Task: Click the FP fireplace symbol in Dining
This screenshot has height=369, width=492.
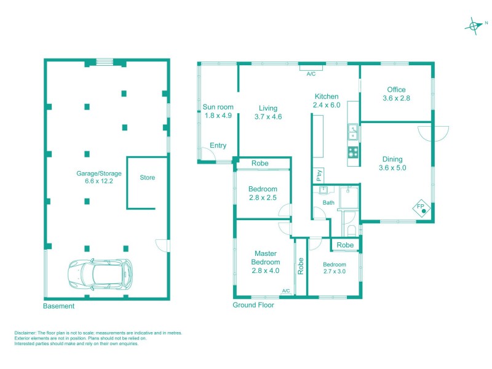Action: (x=422, y=207)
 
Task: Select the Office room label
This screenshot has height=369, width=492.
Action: (x=396, y=90)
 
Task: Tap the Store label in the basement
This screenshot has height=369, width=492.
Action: (x=148, y=178)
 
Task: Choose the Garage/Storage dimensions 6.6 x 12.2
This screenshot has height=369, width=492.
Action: (x=85, y=181)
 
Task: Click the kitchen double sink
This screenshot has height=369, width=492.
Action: (x=353, y=132)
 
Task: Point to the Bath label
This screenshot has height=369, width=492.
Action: (x=328, y=202)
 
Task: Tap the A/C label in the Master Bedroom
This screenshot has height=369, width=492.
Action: (x=286, y=291)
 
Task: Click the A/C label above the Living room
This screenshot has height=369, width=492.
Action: (x=311, y=74)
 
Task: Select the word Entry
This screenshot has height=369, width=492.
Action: (x=218, y=146)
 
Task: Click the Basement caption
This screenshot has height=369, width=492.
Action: (x=59, y=306)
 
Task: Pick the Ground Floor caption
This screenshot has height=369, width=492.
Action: (x=253, y=304)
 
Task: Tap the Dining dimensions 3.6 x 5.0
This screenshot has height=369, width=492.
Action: (x=393, y=167)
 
